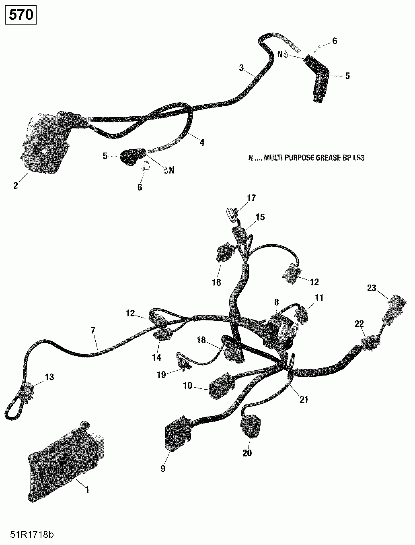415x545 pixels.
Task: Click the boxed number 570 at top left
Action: point(21,15)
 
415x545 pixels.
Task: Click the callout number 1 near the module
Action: point(87,489)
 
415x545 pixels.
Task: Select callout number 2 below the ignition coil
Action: point(16,186)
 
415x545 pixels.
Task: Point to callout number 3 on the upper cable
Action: point(241,68)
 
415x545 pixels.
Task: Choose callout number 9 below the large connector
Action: point(163,469)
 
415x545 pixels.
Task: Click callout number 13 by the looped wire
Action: point(49,377)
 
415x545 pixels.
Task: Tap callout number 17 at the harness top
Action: point(251,198)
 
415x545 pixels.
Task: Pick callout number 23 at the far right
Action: point(371,288)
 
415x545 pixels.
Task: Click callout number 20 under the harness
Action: point(247,453)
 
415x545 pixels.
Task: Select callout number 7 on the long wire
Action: point(93,330)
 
